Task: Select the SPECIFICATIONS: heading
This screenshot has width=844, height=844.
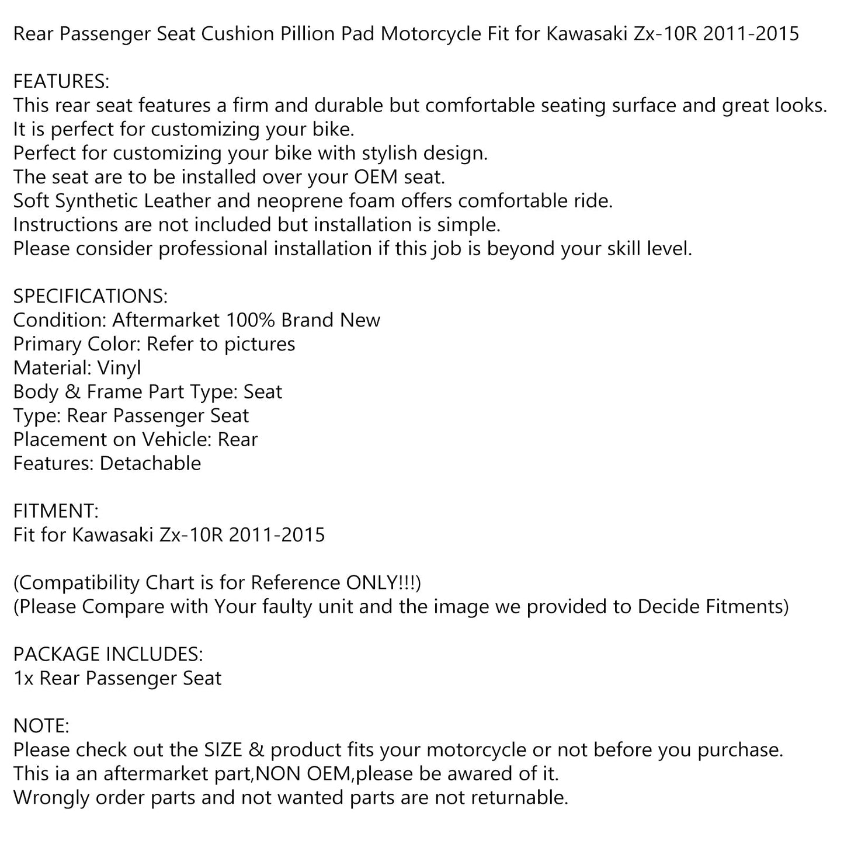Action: pyautogui.click(x=90, y=296)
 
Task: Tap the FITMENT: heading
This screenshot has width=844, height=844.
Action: pyautogui.click(x=56, y=511)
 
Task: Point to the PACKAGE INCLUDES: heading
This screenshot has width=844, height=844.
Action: pyautogui.click(x=108, y=654)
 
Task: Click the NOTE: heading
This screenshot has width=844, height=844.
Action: pyautogui.click(x=41, y=726)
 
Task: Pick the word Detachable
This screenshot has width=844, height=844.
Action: pyautogui.click(x=151, y=463)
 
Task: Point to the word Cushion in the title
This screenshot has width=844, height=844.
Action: pyautogui.click(x=238, y=34)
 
